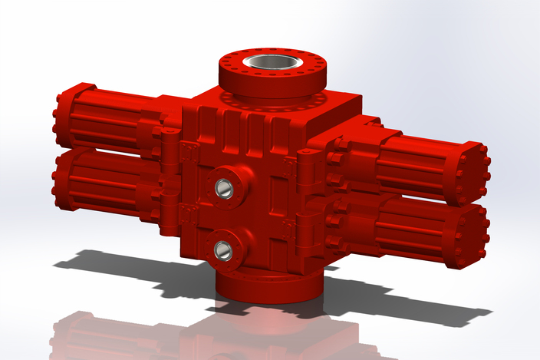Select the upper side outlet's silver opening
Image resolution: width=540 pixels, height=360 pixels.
pyautogui.click(x=223, y=186)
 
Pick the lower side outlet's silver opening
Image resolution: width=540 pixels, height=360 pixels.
pyautogui.click(x=223, y=249)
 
